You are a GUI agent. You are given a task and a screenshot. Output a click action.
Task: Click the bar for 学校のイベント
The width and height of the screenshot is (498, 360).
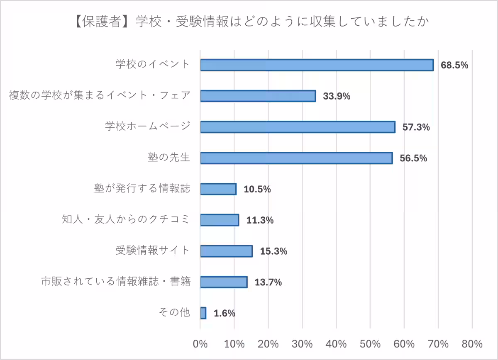pos(317,65)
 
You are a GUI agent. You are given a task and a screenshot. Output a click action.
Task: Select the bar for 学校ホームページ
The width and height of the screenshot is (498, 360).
pos(298,127)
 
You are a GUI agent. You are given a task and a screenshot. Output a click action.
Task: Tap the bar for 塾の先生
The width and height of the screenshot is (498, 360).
pos(296,158)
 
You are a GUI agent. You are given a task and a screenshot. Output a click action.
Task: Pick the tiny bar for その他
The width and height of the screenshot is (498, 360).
pos(203,313)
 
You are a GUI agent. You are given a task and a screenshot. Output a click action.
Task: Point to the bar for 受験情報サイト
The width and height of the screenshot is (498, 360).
pos(226,251)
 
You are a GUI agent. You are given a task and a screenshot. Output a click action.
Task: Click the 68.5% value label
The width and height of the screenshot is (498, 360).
pos(454,65)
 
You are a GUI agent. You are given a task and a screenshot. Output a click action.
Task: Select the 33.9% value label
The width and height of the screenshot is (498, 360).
pos(337,96)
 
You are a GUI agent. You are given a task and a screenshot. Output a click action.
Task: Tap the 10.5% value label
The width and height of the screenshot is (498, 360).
pos(257,189)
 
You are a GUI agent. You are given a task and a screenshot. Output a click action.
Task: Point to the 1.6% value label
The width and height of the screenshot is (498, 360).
pos(225,313)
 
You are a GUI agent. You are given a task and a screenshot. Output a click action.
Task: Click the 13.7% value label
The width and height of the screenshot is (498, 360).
pos(268,282)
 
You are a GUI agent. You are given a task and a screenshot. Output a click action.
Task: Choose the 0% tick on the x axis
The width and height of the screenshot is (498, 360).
pos(200,344)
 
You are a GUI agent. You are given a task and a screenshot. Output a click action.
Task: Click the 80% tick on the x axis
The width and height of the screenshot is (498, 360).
pos(472,344)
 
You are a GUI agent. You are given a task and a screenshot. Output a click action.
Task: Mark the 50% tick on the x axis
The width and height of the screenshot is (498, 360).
pos(370,344)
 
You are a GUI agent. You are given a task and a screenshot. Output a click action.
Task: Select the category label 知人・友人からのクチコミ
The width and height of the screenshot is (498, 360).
pos(125,219)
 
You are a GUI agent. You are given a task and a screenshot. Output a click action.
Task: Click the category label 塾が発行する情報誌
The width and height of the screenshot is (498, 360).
pos(142,189)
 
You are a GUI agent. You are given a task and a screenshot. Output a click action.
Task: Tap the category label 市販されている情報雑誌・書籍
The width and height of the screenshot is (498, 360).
pos(116,282)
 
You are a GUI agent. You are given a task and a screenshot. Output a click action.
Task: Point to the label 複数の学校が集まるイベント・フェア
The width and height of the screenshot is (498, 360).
pos(100,95)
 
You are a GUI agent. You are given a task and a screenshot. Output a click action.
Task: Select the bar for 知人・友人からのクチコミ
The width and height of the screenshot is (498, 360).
pos(220,220)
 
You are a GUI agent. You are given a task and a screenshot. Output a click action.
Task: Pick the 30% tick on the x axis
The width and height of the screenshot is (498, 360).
pos(302,344)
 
